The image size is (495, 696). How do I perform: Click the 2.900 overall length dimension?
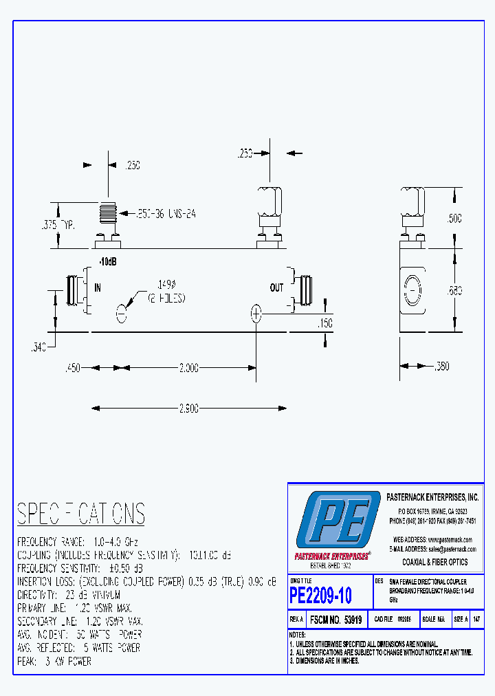point(189,409)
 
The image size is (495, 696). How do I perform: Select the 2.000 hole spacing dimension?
point(188,368)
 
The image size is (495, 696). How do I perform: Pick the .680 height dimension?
point(454,292)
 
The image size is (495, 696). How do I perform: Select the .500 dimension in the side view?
point(454,219)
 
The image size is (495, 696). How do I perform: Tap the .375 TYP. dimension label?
point(56,226)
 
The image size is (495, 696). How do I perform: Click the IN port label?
point(97,288)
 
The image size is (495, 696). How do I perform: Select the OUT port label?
point(276,287)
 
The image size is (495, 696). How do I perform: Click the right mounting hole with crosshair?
point(256,314)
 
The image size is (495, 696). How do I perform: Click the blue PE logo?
point(338,521)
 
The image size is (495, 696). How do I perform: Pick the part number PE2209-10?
point(320,596)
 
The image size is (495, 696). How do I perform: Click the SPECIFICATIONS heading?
point(81,514)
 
